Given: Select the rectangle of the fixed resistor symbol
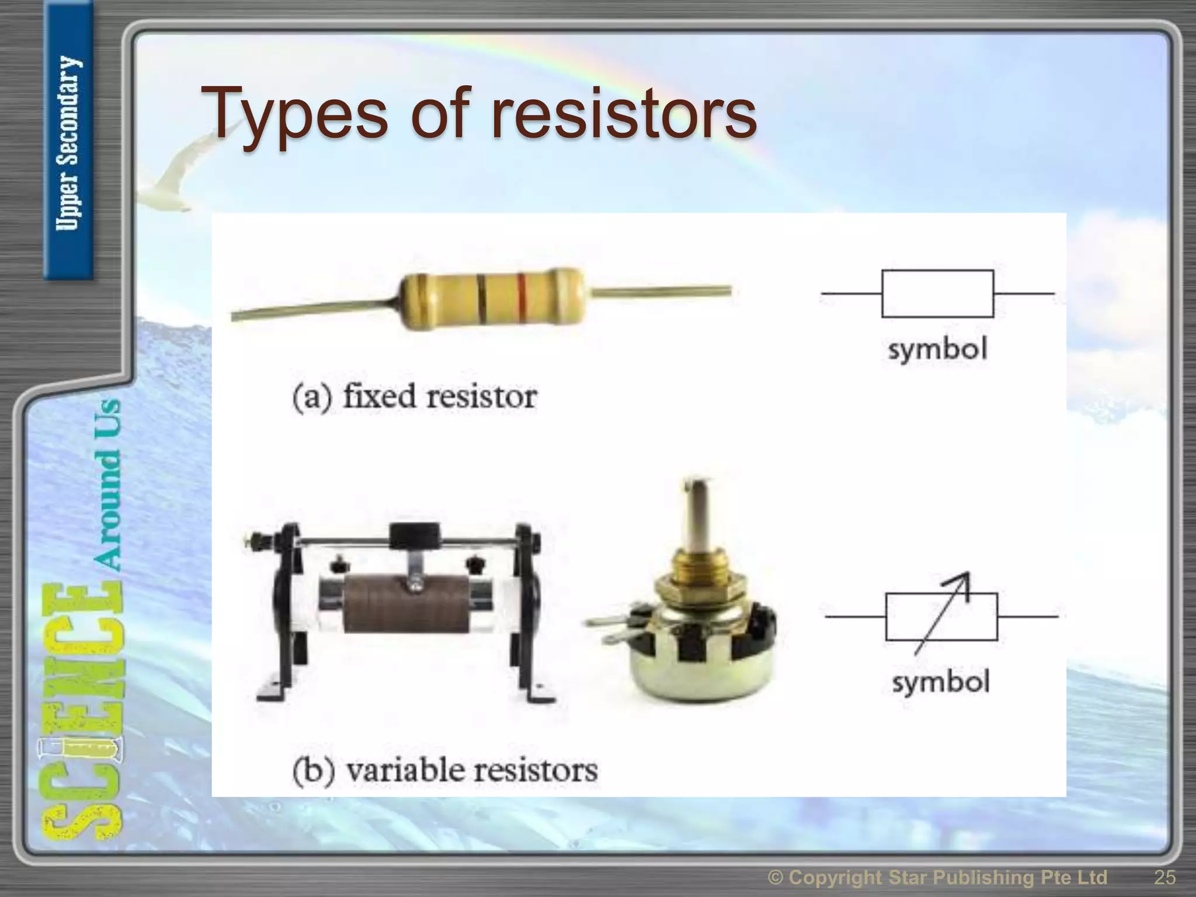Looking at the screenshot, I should [937, 294].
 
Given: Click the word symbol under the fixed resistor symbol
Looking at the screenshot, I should [937, 350].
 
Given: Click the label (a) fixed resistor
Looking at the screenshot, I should [415, 397].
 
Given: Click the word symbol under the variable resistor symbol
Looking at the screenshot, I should [941, 682].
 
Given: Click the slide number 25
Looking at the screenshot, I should [1164, 877].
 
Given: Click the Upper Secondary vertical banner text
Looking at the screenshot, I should [68, 143].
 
